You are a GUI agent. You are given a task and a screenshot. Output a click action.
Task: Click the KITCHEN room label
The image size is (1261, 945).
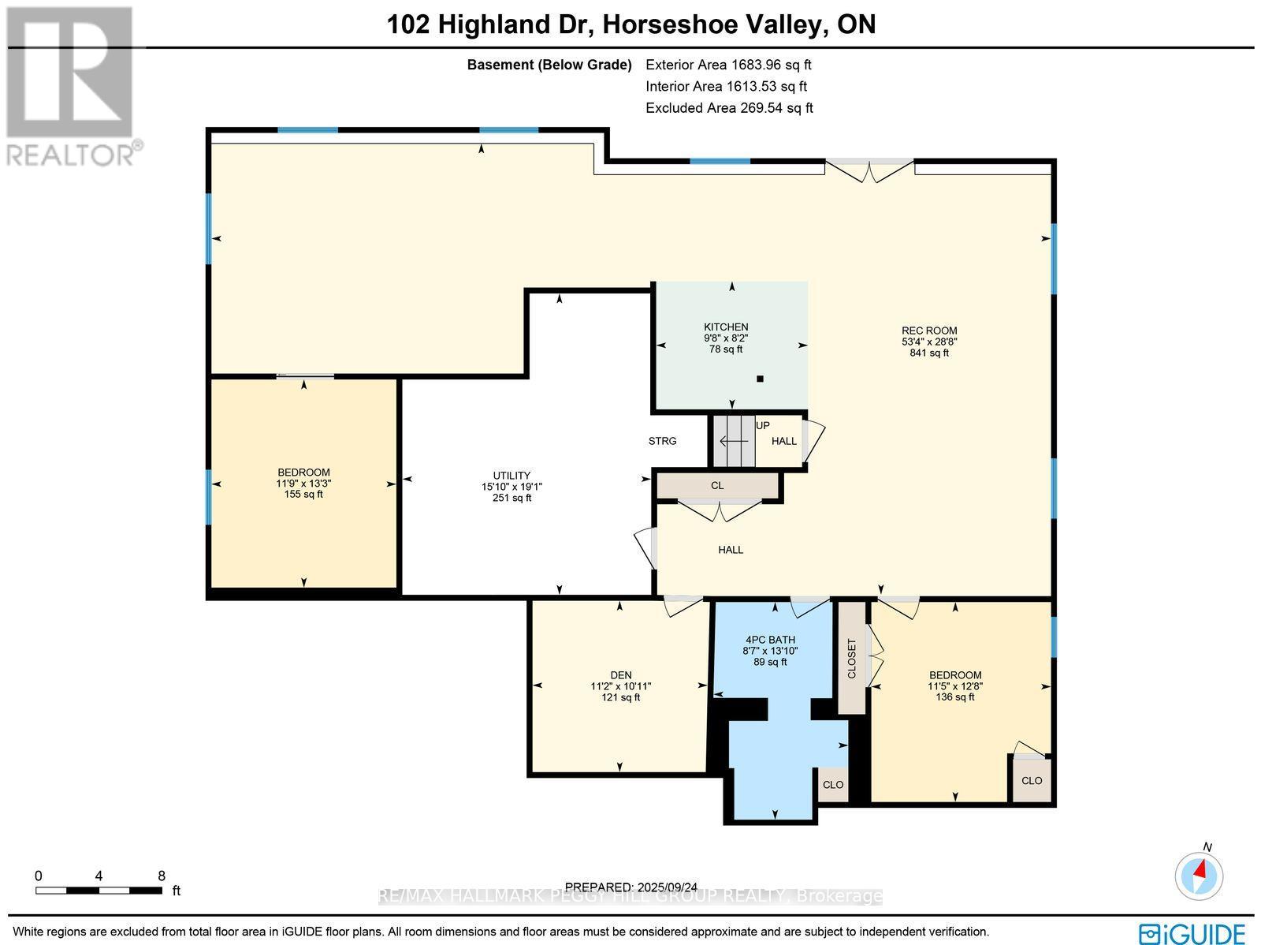[x=726, y=327]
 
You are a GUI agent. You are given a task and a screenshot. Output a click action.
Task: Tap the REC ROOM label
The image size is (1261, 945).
[x=929, y=331]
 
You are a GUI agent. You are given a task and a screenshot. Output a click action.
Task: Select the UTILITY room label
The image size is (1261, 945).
[x=511, y=476]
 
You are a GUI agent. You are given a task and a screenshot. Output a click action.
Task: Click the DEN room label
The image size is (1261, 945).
[x=621, y=675]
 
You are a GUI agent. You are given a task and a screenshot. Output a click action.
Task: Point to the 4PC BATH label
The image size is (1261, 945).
[x=770, y=640]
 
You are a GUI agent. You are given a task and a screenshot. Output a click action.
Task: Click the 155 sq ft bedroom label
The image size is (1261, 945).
[x=303, y=484]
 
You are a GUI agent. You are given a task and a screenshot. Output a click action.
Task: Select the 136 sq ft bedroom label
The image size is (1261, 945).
[x=955, y=685]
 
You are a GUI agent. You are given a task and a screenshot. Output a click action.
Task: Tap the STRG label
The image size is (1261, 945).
[x=662, y=441]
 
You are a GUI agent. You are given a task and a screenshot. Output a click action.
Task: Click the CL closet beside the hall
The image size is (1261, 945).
[x=717, y=486]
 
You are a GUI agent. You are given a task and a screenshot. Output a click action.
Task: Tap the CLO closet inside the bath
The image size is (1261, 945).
[x=833, y=785]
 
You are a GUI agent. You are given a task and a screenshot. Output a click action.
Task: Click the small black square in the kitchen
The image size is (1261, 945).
[x=760, y=379]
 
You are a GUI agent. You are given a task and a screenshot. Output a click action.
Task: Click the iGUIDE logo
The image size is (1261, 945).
[x=1192, y=932]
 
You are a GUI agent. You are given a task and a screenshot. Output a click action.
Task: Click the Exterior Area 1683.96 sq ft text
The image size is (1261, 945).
[x=728, y=65]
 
